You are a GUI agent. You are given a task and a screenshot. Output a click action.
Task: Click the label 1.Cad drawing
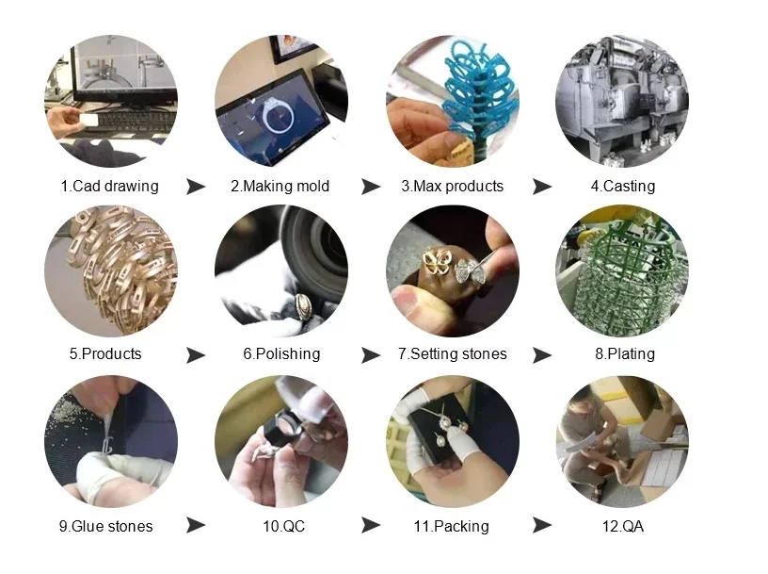coord(109,186)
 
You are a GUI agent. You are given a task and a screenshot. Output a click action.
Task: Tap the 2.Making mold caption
coord(280,186)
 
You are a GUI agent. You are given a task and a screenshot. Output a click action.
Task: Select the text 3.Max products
coord(452,186)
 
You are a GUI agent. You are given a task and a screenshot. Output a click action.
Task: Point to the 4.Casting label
coord(622,186)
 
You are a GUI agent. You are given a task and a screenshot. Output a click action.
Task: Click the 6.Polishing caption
coord(280,354)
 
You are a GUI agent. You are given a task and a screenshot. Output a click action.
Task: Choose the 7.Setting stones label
coord(452,354)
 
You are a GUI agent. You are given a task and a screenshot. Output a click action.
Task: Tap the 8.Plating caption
coord(624,354)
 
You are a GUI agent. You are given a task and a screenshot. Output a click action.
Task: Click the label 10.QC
coord(281,526)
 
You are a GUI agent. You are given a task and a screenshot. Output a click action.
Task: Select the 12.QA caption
coord(624,526)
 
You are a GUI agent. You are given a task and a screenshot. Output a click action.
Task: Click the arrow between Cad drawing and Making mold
coord(196,187)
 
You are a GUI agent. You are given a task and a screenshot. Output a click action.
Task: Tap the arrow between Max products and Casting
coord(541,187)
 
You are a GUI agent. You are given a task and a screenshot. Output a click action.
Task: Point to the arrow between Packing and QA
coord(541,526)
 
